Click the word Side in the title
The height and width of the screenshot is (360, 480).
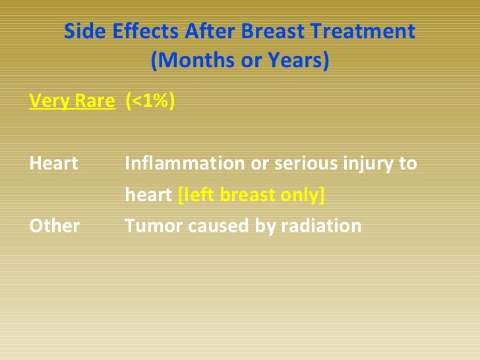[x=85, y=31]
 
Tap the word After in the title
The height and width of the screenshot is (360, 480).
[x=210, y=31]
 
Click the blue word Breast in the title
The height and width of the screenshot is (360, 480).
[x=273, y=31]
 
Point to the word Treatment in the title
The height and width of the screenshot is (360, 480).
[x=363, y=31]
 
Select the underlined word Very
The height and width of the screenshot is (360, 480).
[x=49, y=101]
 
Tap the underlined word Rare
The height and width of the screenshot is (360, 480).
[x=95, y=100]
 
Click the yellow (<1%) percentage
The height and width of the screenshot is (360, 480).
[x=150, y=100]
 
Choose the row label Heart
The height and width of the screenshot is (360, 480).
[x=53, y=163]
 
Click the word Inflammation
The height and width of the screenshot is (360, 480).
[x=185, y=163]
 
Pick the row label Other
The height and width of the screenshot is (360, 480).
[x=55, y=226]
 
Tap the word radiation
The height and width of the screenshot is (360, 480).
[x=322, y=226]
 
